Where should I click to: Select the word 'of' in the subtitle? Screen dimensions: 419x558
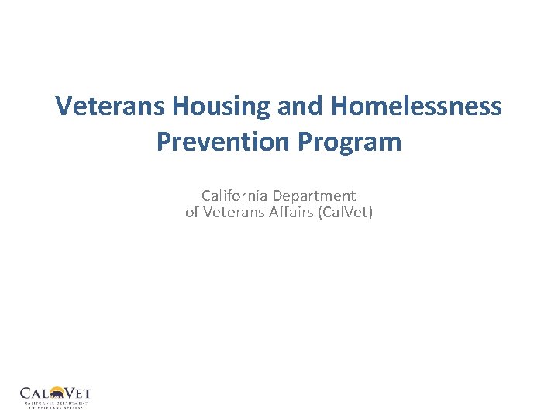pos(192,211)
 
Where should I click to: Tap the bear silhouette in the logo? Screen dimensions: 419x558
pos(55,394)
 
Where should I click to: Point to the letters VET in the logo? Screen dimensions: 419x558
pos(77,393)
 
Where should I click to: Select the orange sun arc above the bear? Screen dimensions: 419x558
pos(55,387)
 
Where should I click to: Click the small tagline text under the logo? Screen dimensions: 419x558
pos(55,404)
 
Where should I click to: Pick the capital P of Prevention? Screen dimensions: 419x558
pos(164,141)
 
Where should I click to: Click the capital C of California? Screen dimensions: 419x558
pos(206,196)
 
